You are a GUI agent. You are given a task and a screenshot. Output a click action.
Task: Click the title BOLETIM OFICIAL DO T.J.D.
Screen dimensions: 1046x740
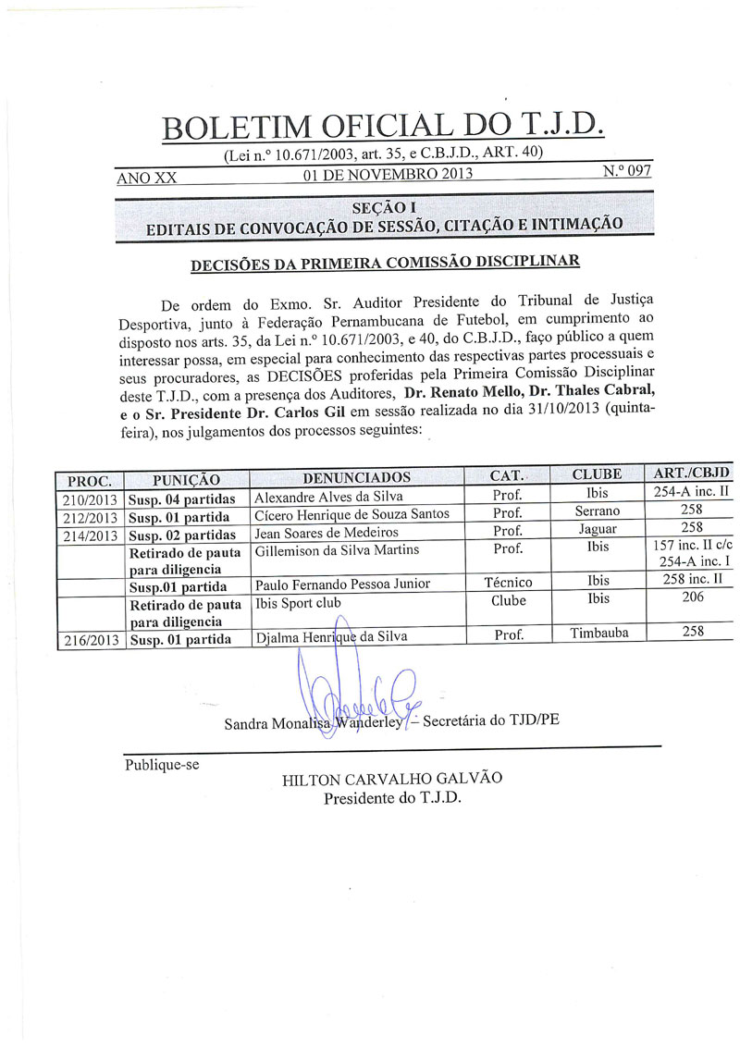click(x=382, y=126)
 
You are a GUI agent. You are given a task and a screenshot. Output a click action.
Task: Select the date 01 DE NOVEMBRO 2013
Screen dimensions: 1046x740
click(x=388, y=173)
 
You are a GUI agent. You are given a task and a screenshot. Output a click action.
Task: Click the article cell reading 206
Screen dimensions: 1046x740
click(x=691, y=597)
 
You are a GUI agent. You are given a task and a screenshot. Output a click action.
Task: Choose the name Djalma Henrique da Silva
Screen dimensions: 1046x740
click(x=329, y=637)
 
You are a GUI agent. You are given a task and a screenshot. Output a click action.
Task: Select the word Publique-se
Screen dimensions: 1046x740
click(x=162, y=764)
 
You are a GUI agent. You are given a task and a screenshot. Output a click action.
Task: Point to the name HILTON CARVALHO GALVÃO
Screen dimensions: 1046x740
click(x=391, y=779)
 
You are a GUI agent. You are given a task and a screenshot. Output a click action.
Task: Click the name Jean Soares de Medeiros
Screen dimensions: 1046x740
click(x=322, y=532)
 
